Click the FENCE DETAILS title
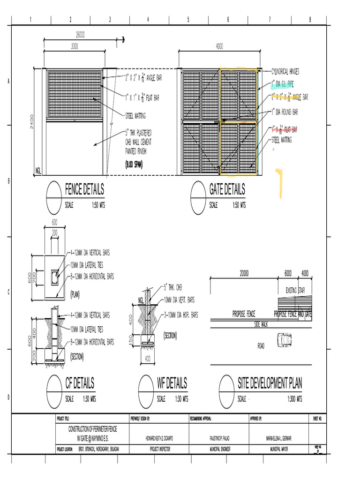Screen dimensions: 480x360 84,190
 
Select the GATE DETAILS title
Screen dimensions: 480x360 227,190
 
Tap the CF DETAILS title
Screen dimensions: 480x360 80,383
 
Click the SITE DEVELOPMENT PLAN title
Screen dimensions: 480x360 270,383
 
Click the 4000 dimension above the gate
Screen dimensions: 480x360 219,46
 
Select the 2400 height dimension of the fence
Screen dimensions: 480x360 31,121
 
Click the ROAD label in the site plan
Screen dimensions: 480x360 262,346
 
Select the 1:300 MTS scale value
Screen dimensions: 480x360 293,399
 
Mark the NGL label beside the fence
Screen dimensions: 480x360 39,171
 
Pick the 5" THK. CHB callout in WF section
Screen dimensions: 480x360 172,285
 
